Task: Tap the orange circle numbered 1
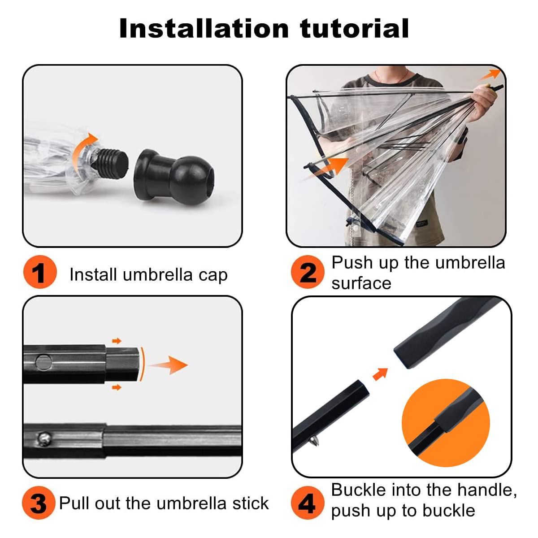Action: tap(40, 272)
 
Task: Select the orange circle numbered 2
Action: tap(308, 272)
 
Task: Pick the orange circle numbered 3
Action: tap(39, 503)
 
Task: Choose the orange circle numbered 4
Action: tap(308, 503)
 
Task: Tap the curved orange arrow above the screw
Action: tap(82, 149)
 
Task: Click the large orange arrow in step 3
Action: tap(169, 365)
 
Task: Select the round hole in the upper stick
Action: tap(43, 362)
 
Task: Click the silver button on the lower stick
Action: tap(44, 438)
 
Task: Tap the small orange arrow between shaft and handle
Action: tap(381, 374)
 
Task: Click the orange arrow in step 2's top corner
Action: tap(491, 74)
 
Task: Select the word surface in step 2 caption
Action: tap(361, 284)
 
